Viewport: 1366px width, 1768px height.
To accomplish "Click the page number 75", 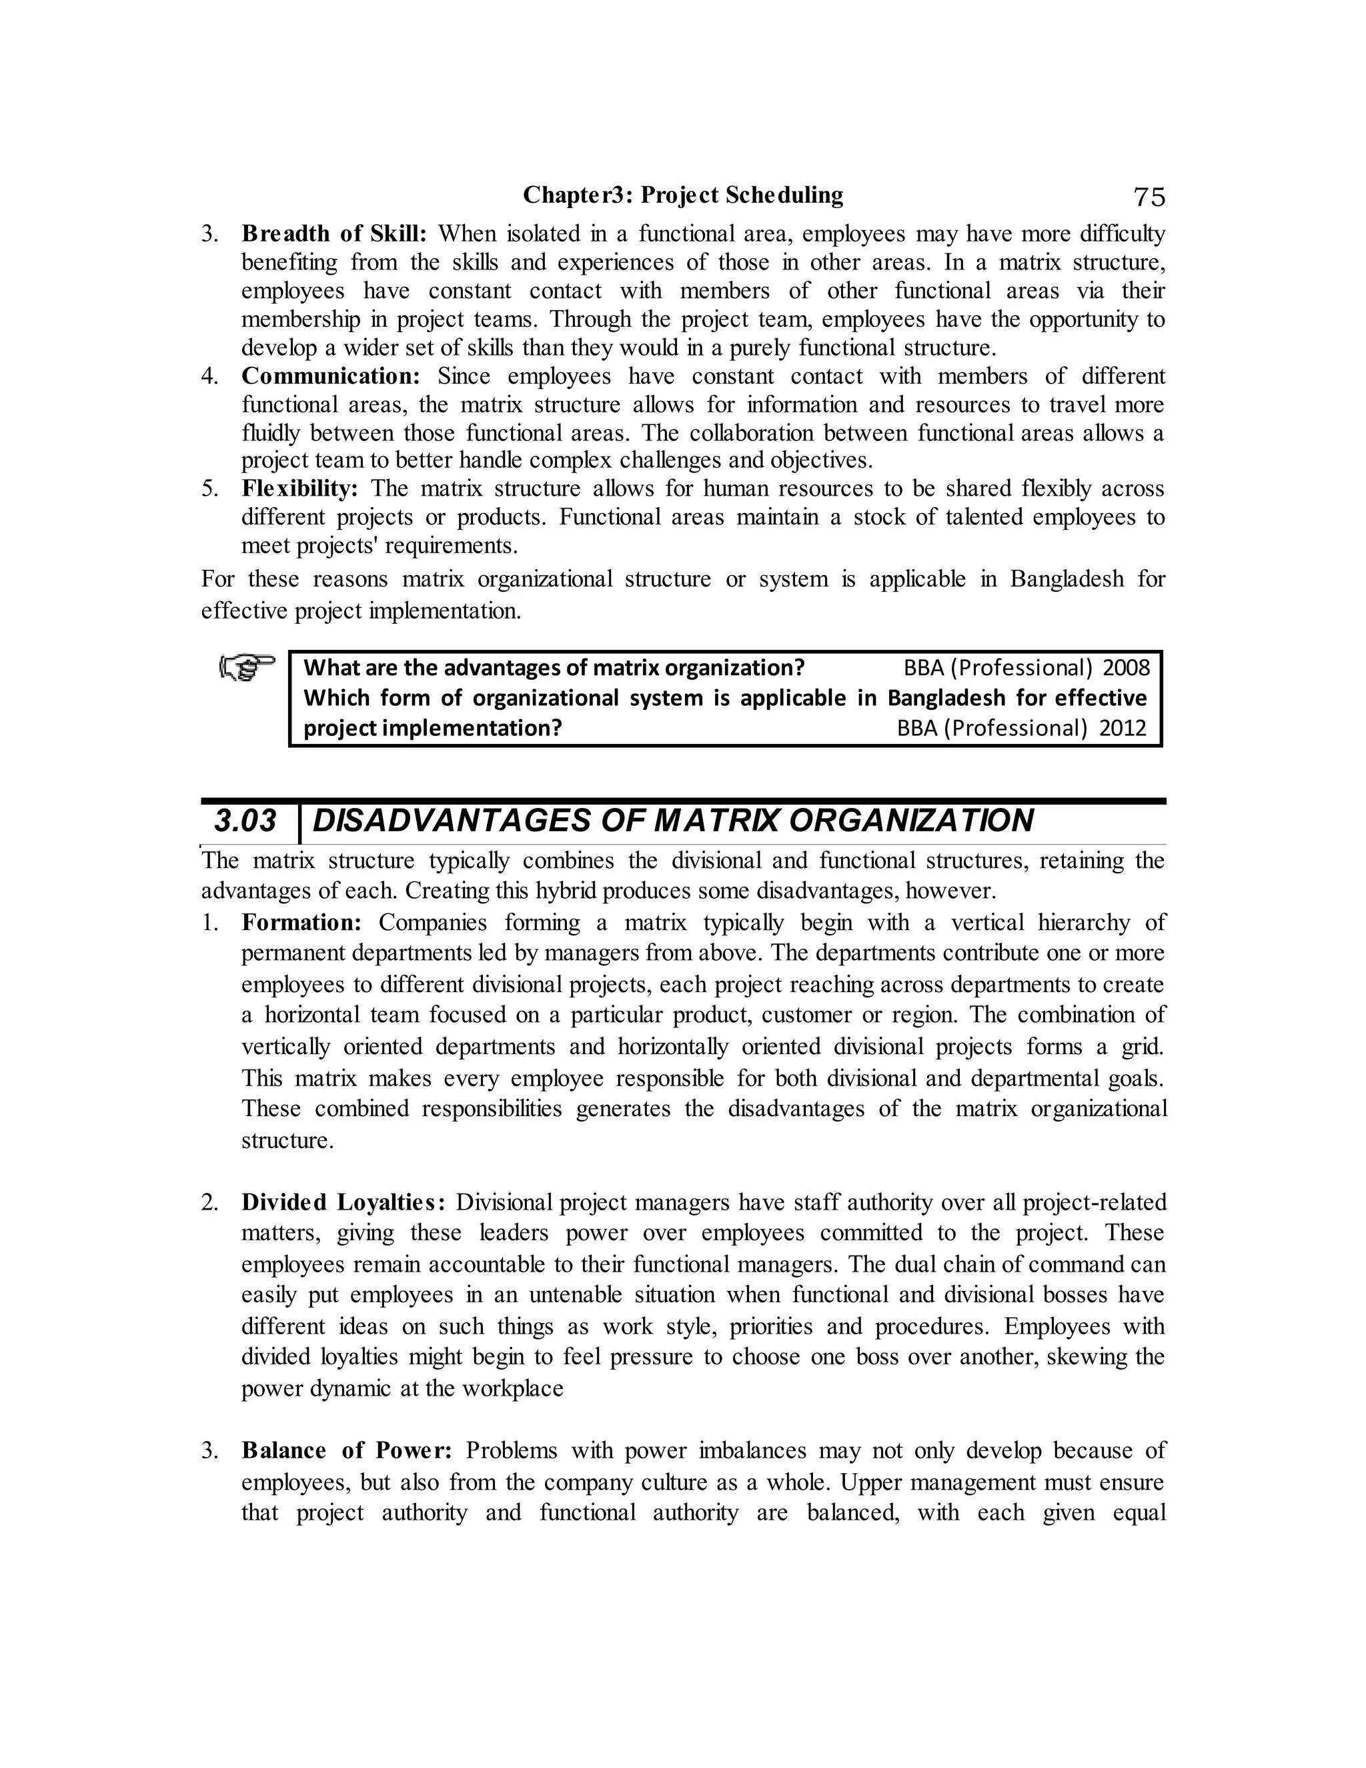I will (x=1149, y=197).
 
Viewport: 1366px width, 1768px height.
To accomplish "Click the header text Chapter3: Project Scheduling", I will (x=682, y=195).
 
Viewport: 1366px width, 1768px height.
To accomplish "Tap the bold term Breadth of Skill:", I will (x=333, y=234).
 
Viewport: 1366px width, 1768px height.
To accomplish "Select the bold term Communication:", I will (x=331, y=376).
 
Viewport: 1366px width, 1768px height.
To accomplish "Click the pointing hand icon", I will (x=247, y=668).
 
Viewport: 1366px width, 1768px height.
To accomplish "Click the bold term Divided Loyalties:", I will (x=343, y=1203).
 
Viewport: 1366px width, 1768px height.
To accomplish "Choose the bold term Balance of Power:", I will (x=346, y=1450).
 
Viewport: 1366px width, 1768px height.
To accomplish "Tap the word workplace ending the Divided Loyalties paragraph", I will (x=512, y=1389).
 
